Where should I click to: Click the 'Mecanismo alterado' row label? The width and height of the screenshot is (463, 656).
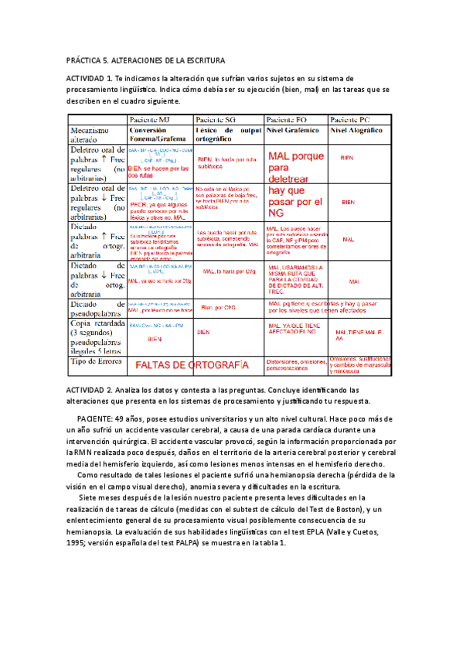coord(95,135)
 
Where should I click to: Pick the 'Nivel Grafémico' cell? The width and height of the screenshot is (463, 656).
coord(294,132)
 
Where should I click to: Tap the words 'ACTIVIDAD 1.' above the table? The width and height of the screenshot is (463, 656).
coord(89,79)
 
